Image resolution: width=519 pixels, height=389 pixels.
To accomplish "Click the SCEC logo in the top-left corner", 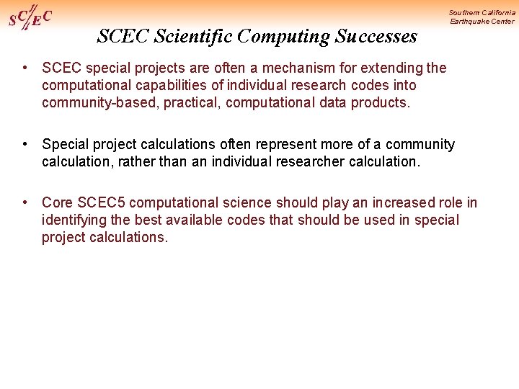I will (30, 17).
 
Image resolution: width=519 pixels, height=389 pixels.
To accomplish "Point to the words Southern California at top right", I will (482, 13).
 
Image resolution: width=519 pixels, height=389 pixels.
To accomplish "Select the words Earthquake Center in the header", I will (482, 22).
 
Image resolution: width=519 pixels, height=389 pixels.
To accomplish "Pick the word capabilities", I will (163, 86).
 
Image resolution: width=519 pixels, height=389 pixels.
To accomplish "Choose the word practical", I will (192, 103).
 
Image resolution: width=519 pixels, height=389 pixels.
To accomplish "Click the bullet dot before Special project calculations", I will (25, 144).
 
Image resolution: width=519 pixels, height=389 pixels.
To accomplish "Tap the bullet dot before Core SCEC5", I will (25, 202).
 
